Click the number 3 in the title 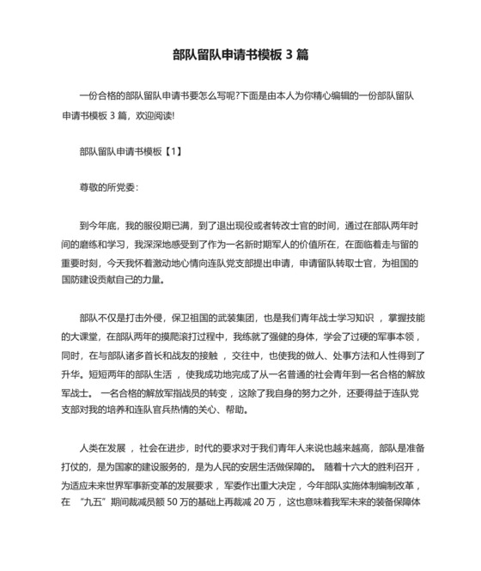tap(287, 55)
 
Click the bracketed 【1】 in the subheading tap(171, 151)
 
